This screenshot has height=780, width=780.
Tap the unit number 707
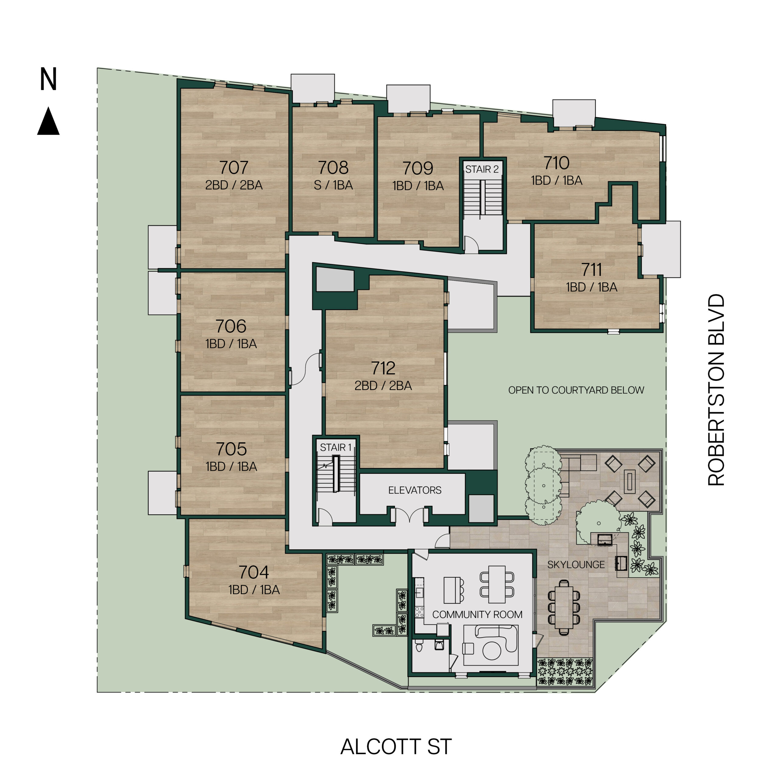(x=234, y=167)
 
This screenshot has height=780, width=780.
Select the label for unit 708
(x=333, y=167)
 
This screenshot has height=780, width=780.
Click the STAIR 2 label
(x=482, y=169)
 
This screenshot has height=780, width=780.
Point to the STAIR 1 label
(x=335, y=447)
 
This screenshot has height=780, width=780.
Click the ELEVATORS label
(x=415, y=490)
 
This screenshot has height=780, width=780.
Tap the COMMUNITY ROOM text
(x=477, y=615)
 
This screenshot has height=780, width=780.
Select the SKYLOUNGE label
(x=576, y=564)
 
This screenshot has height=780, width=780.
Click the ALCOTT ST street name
(x=396, y=746)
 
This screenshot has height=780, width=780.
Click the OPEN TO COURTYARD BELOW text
(x=576, y=390)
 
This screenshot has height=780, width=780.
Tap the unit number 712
(x=383, y=368)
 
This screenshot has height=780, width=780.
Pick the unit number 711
(x=591, y=269)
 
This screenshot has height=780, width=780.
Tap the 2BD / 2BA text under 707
(x=234, y=185)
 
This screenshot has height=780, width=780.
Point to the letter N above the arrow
(x=48, y=79)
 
